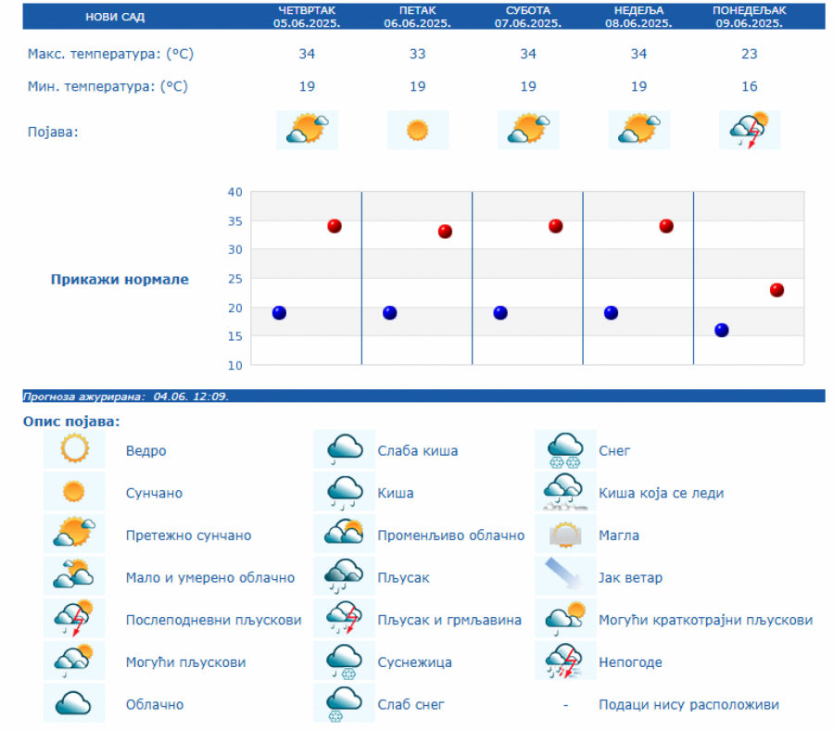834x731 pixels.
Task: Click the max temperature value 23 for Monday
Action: pyautogui.click(x=749, y=54)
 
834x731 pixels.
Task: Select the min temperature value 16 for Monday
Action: pyautogui.click(x=749, y=86)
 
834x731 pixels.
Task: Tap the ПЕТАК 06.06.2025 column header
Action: pyautogui.click(x=417, y=16)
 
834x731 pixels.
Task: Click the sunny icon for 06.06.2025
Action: pyautogui.click(x=418, y=130)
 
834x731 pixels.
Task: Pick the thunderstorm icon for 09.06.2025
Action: pyautogui.click(x=750, y=130)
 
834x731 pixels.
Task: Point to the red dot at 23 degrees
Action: pyautogui.click(x=777, y=290)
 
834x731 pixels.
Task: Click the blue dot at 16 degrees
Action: pyautogui.click(x=722, y=330)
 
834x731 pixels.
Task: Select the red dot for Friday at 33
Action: pyautogui.click(x=445, y=232)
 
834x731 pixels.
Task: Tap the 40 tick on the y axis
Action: pyautogui.click(x=234, y=192)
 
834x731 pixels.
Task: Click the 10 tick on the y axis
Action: pyautogui.click(x=234, y=365)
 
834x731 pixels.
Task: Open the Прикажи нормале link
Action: pyautogui.click(x=120, y=279)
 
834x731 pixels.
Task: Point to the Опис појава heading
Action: pyautogui.click(x=71, y=422)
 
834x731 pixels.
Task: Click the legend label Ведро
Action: pyautogui.click(x=146, y=451)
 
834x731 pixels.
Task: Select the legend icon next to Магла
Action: pyautogui.click(x=565, y=536)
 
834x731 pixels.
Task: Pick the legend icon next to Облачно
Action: pyautogui.click(x=73, y=704)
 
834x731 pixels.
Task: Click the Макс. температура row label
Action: pyautogui.click(x=110, y=54)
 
